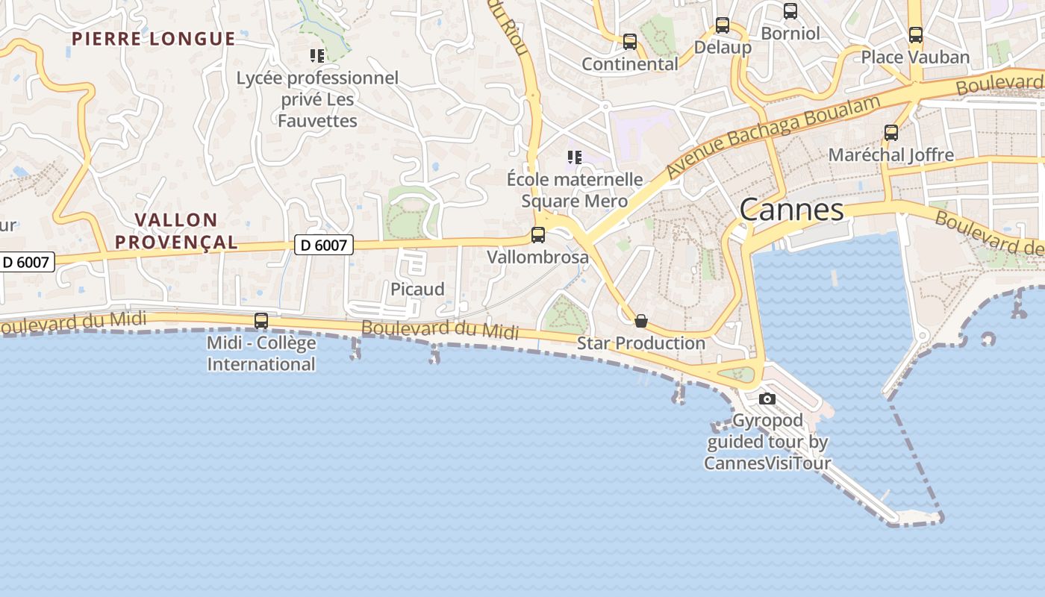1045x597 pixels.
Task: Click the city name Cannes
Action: tap(791, 210)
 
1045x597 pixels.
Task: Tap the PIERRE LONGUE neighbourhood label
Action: tap(154, 39)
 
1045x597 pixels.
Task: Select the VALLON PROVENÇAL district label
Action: tap(187, 231)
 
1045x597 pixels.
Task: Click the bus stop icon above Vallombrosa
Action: tap(537, 235)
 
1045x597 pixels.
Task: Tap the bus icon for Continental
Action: tap(630, 42)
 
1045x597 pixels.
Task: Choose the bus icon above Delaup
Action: tap(723, 25)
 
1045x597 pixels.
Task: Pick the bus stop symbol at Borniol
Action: tap(790, 11)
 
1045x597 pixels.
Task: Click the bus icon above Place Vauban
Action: tap(916, 35)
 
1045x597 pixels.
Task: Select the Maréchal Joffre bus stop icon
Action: tap(891, 133)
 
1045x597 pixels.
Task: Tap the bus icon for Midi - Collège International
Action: tap(261, 321)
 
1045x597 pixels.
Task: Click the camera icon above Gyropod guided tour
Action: tap(767, 398)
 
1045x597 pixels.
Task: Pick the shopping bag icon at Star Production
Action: tap(641, 322)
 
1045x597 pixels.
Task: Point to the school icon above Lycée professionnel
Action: tap(317, 55)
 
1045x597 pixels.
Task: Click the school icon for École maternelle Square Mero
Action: tap(574, 157)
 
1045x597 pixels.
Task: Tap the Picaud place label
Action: tap(417, 290)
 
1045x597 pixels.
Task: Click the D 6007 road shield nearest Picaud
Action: tap(323, 244)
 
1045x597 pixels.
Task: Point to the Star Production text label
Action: tap(641, 343)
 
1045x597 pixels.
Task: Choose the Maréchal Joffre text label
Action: tap(891, 155)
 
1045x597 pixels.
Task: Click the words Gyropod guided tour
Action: tap(767, 431)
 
